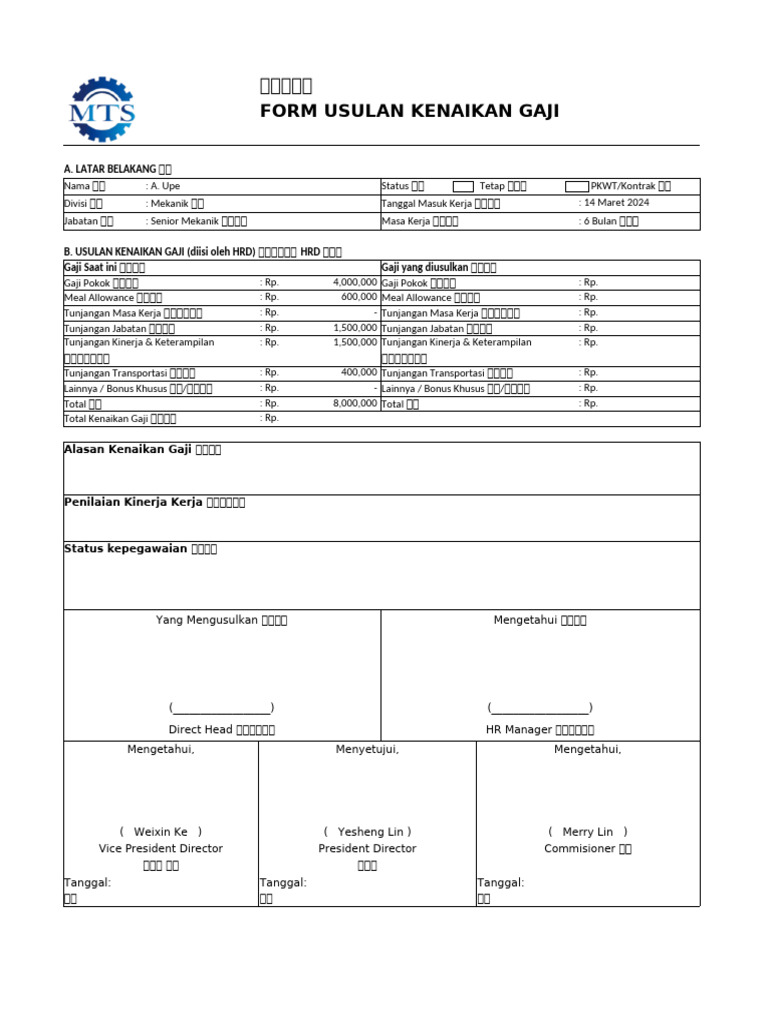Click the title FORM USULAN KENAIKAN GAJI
click(409, 111)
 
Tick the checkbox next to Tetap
click(463, 186)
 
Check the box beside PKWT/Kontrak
click(576, 186)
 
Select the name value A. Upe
click(166, 186)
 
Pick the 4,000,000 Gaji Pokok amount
click(355, 283)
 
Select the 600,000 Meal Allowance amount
click(359, 297)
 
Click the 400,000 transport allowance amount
click(359, 373)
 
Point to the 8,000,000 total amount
click(355, 403)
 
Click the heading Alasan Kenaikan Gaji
click(142, 450)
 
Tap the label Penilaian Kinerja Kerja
click(154, 502)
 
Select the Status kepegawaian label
click(140, 549)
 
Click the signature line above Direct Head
click(221, 707)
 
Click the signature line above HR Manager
click(540, 707)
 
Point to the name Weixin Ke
click(160, 832)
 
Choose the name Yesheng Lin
click(367, 832)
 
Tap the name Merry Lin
click(587, 832)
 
